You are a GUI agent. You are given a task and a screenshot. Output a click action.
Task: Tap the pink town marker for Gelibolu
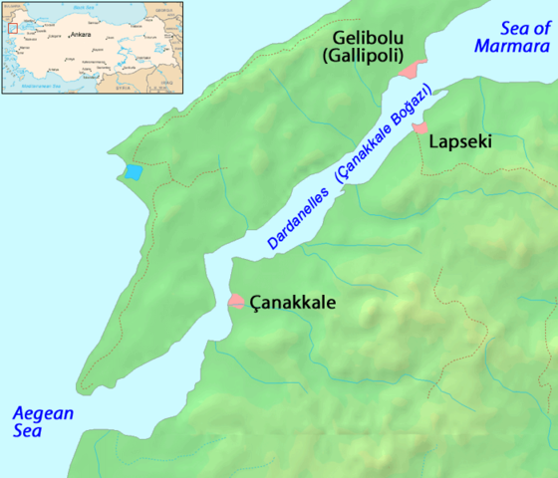(x=410, y=70)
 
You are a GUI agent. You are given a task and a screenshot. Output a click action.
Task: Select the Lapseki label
(x=459, y=143)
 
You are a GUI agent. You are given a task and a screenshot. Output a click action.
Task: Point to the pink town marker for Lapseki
(x=420, y=128)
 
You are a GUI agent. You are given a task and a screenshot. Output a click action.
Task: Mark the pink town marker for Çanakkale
(x=237, y=300)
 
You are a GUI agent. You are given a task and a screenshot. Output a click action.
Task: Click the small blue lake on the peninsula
(x=133, y=171)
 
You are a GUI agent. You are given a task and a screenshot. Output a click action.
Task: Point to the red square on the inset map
(x=13, y=28)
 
